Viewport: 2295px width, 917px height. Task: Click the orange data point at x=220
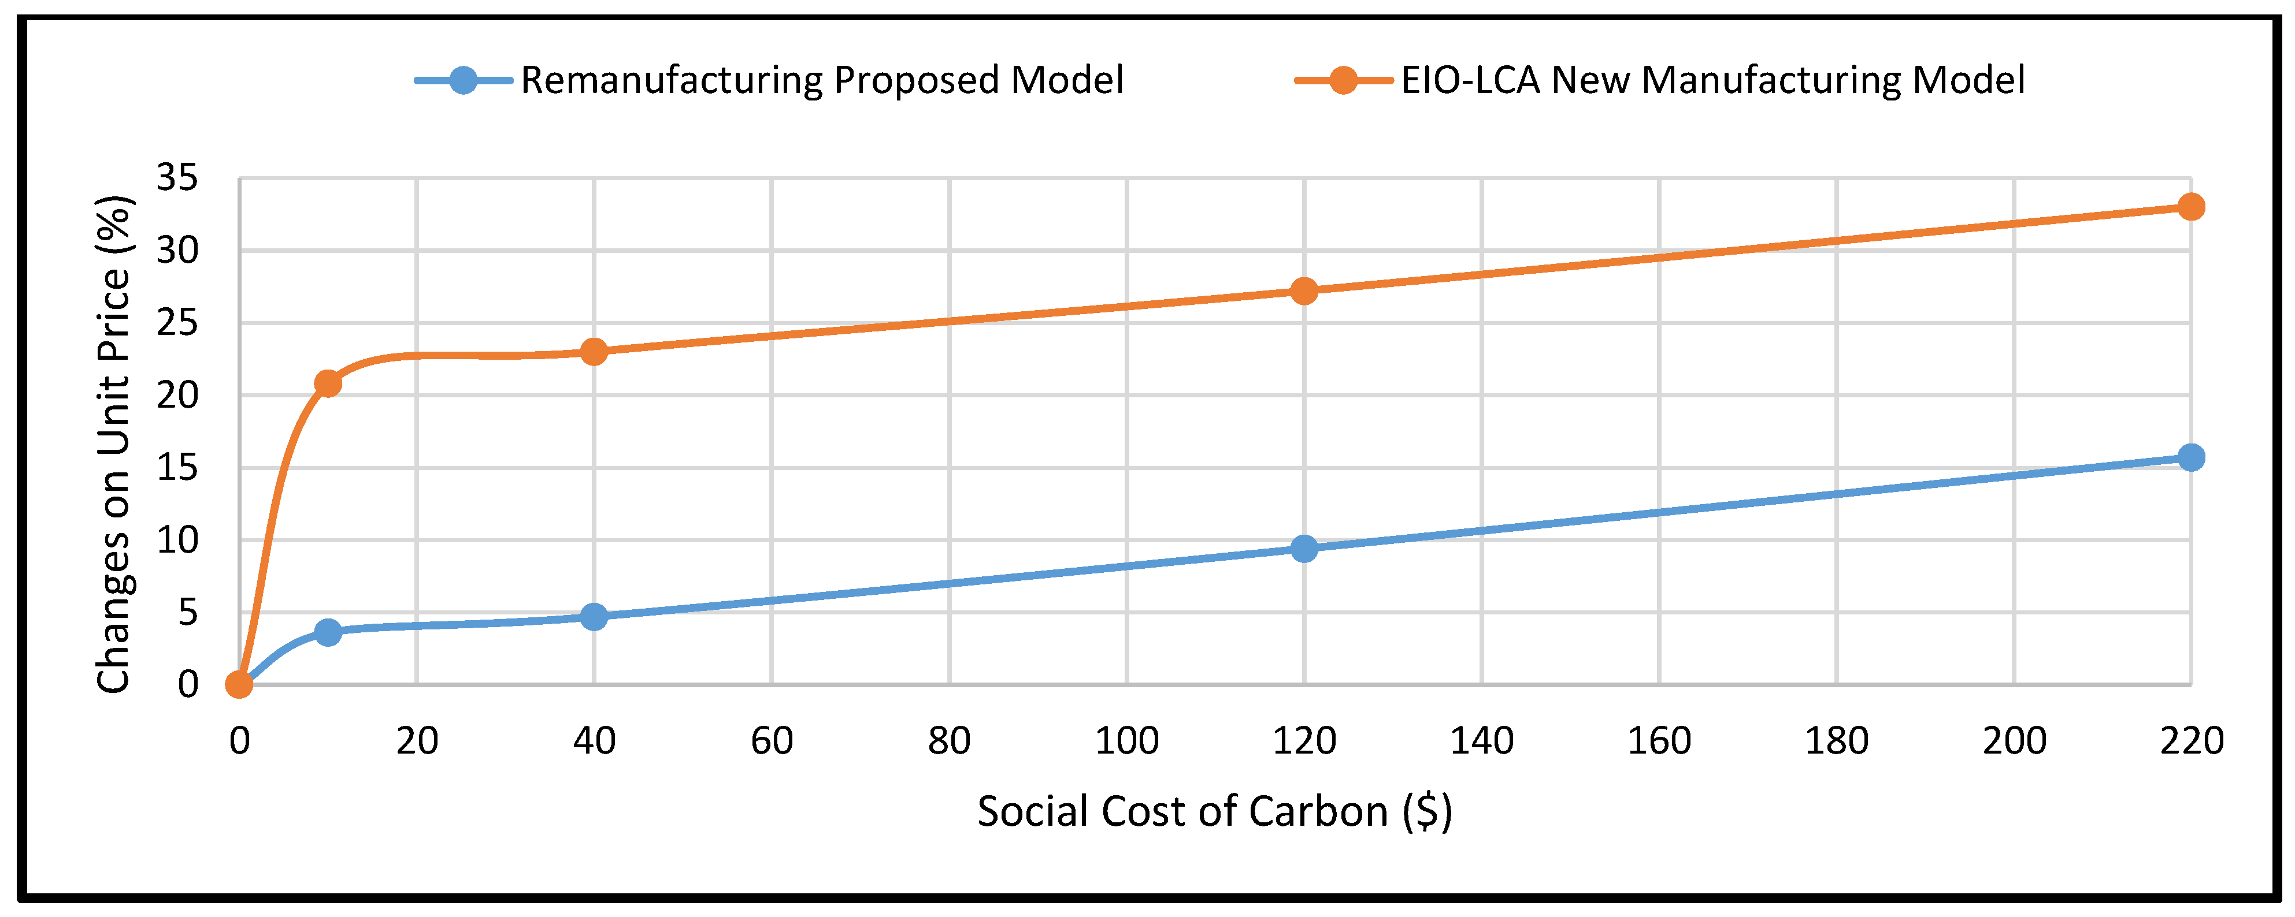(x=2191, y=207)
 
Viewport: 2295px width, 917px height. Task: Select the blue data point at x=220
(x=2191, y=457)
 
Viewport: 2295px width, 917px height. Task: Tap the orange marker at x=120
(x=1303, y=291)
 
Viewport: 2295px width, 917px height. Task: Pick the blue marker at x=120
(x=1303, y=549)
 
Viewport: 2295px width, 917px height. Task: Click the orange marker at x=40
(x=594, y=352)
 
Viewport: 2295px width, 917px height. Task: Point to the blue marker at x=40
(x=594, y=617)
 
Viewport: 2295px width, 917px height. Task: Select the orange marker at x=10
(x=328, y=383)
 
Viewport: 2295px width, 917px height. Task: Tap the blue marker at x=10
(x=328, y=632)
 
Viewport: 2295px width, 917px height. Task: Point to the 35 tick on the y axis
(x=177, y=178)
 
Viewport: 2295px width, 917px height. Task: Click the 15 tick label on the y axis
(x=177, y=467)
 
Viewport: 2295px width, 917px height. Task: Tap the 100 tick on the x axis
(x=1126, y=741)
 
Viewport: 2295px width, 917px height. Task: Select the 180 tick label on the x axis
(x=1836, y=741)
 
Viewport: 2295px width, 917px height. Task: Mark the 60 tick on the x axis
(x=772, y=741)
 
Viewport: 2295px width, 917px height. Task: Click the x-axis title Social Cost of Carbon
(x=1214, y=812)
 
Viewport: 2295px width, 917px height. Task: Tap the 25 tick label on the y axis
(x=177, y=322)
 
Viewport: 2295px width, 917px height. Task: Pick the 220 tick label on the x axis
(x=2191, y=741)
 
